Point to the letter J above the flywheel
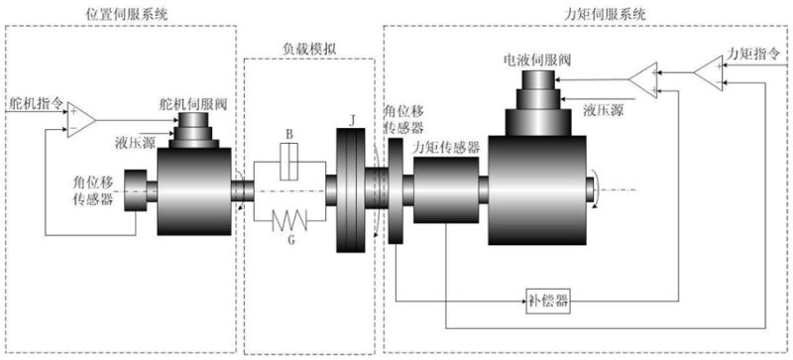(351, 120)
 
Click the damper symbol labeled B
(289, 161)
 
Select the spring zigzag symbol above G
(289, 220)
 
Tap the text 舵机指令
(36, 104)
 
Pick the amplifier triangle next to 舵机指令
(80, 121)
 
